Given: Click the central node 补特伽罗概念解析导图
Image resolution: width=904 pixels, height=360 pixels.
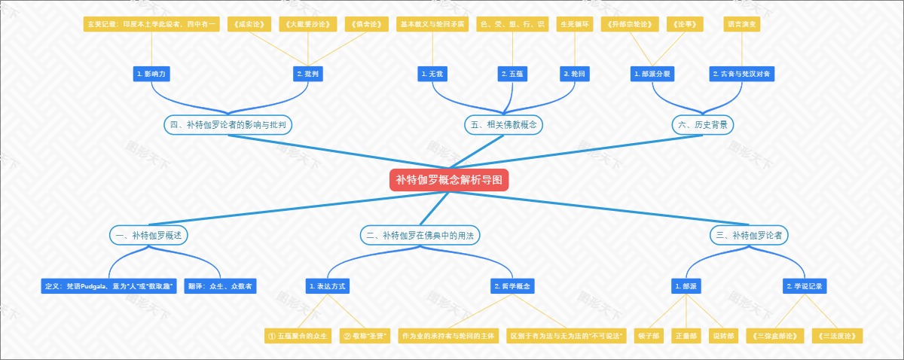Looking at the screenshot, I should (449, 180).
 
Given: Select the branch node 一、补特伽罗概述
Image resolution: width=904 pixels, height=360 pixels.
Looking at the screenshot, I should (149, 235).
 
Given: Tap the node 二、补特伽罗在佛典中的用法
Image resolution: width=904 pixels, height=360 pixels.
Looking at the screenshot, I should (420, 235).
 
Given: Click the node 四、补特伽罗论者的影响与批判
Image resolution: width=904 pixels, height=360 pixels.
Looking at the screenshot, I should (228, 125).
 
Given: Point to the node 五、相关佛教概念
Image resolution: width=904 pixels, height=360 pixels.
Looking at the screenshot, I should (503, 125).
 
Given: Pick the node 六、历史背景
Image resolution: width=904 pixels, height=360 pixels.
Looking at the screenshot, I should (703, 125).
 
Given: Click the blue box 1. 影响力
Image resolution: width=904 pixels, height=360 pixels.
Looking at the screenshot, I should (151, 74).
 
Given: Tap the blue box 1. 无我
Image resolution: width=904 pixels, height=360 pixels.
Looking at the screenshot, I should (432, 74).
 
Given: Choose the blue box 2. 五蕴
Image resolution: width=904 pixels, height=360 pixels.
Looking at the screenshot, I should (512, 74).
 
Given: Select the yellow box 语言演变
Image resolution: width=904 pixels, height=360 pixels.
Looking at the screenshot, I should (743, 24).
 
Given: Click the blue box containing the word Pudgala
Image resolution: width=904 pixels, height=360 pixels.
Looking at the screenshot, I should (109, 286).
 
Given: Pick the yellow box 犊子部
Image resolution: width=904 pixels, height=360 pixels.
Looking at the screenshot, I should (648, 336).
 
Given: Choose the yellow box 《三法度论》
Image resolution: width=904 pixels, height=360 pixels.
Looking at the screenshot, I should (837, 336).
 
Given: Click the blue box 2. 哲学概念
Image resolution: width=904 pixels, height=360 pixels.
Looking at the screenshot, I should (512, 286).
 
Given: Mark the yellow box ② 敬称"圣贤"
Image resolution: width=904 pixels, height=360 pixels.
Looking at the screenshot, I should (364, 336).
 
